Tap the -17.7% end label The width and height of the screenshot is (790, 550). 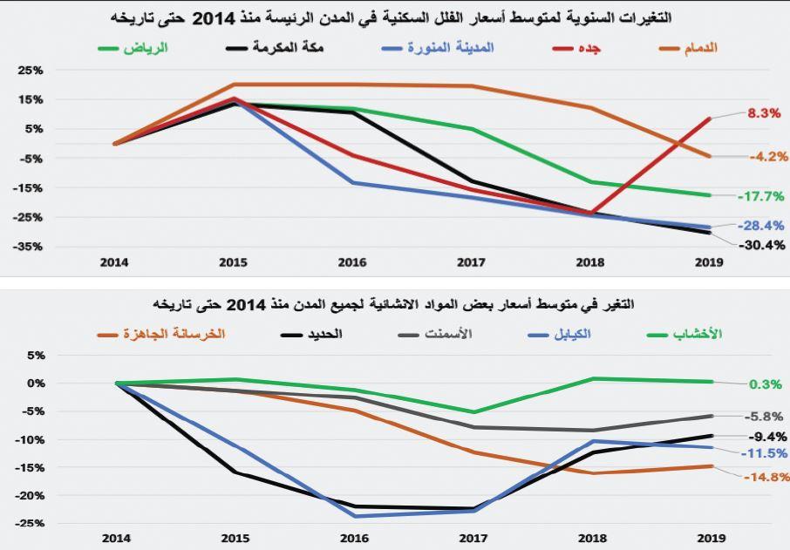pos(761,197)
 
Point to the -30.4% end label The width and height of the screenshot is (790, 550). pos(762,245)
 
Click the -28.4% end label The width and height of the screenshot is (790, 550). pos(761,226)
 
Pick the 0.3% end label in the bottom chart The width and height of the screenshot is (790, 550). pos(765,384)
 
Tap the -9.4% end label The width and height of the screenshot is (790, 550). pos(767,437)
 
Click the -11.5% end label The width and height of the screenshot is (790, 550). pos(765,453)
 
